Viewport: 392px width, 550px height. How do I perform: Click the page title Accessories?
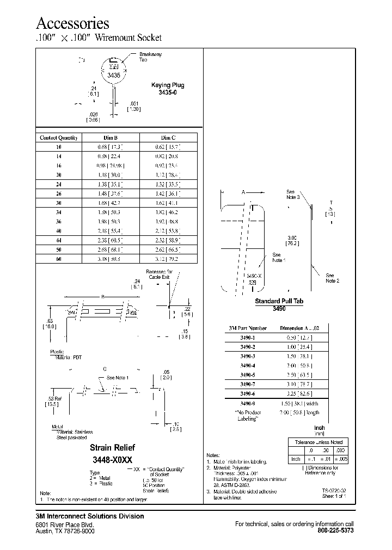(72, 23)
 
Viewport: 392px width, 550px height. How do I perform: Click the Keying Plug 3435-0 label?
(168, 89)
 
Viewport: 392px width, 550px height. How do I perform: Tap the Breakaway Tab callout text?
(151, 57)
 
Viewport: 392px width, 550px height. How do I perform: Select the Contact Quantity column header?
(59, 137)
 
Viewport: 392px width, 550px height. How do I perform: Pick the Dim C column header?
(169, 137)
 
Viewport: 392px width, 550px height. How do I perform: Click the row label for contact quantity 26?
(59, 193)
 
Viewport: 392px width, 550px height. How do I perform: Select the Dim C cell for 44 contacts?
(169, 240)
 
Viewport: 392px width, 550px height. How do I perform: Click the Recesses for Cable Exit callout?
(158, 274)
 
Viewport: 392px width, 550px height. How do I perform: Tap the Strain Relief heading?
(112, 447)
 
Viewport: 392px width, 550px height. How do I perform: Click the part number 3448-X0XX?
(112, 459)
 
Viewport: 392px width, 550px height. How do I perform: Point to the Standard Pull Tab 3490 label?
(279, 304)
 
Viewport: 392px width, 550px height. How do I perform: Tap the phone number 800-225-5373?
(335, 530)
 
